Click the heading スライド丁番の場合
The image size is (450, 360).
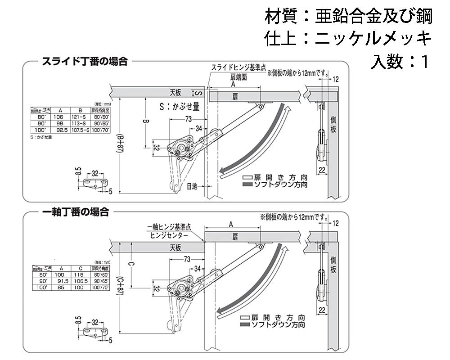pos(85,62)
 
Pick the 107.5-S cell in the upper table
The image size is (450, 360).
pos(80,130)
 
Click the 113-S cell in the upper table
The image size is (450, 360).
pos(80,123)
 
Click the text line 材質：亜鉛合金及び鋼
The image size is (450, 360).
pos(348,17)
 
